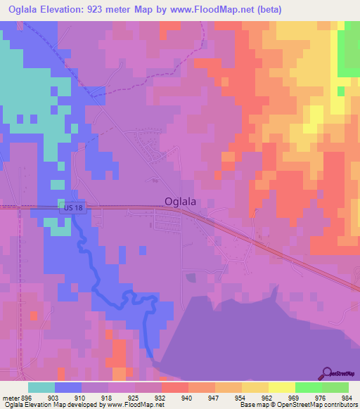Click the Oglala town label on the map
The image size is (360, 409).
click(x=180, y=201)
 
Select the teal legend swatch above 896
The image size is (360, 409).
click(x=41, y=387)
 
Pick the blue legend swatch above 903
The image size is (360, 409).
click(x=67, y=387)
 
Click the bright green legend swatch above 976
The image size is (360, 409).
click(x=308, y=387)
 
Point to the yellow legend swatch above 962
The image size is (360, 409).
click(x=255, y=387)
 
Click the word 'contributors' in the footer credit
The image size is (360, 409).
click(x=341, y=405)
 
